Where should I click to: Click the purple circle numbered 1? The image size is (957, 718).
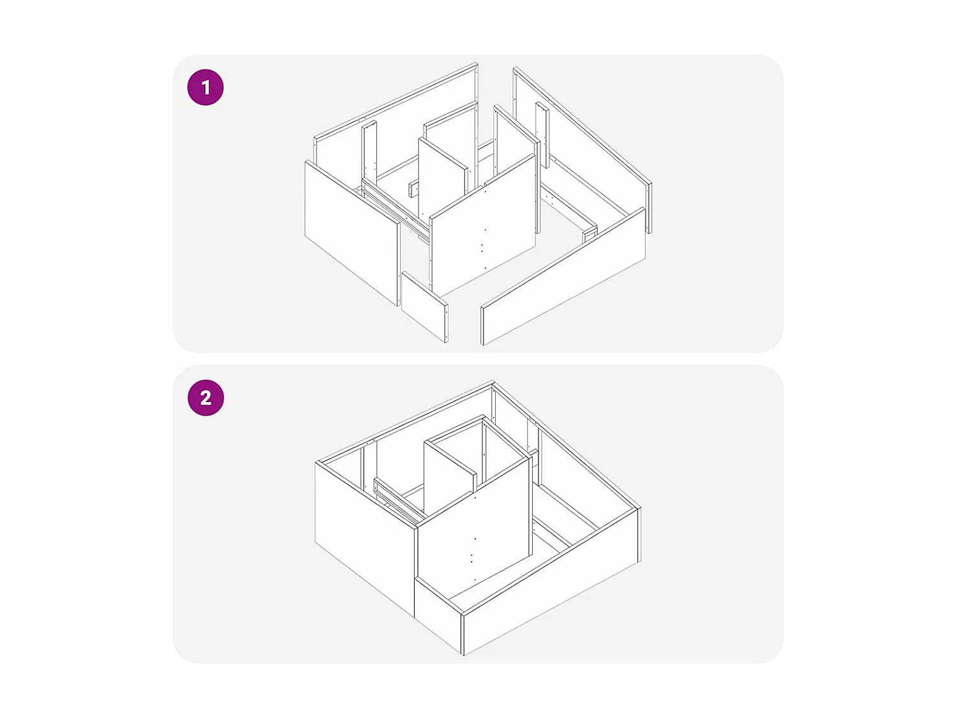205,87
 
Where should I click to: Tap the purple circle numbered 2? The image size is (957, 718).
205,398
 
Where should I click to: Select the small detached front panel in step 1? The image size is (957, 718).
424,306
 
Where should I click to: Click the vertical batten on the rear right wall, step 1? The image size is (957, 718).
542,134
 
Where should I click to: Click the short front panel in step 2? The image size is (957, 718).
438,612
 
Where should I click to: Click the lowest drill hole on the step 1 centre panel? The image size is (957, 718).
485,269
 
